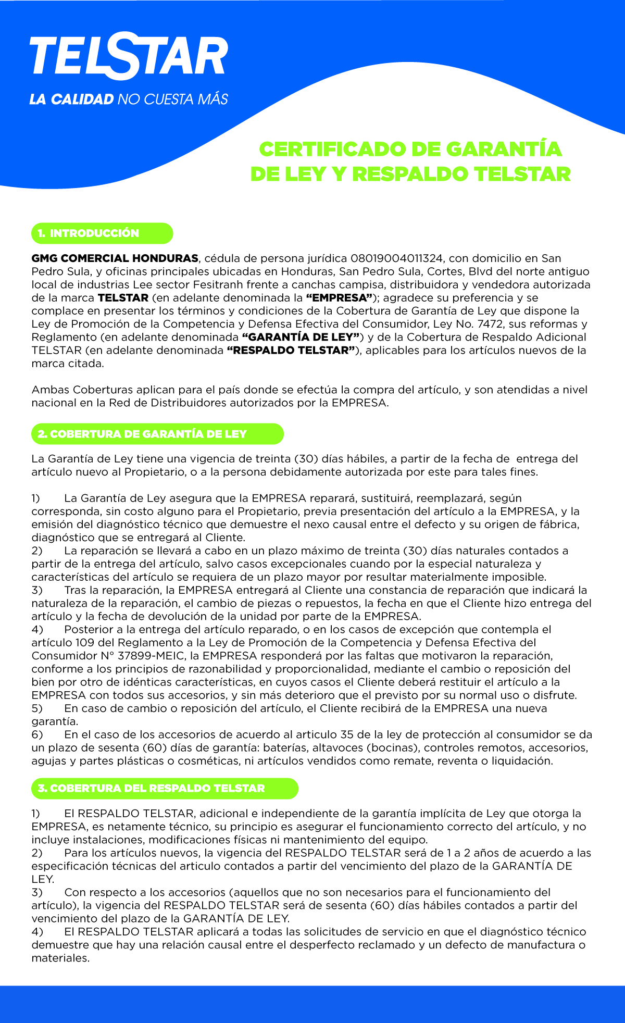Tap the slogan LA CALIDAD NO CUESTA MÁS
[x=129, y=99]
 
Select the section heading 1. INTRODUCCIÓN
[x=94, y=233]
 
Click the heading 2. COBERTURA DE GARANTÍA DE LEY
[x=142, y=434]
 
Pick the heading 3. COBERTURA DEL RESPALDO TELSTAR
[x=151, y=788]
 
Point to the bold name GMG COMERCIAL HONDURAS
[x=115, y=258]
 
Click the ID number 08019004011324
[x=397, y=258]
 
